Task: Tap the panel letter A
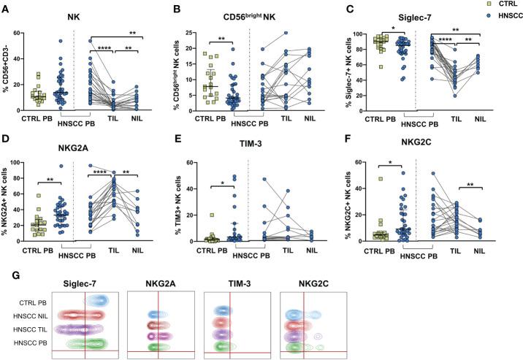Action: tap(6, 7)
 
